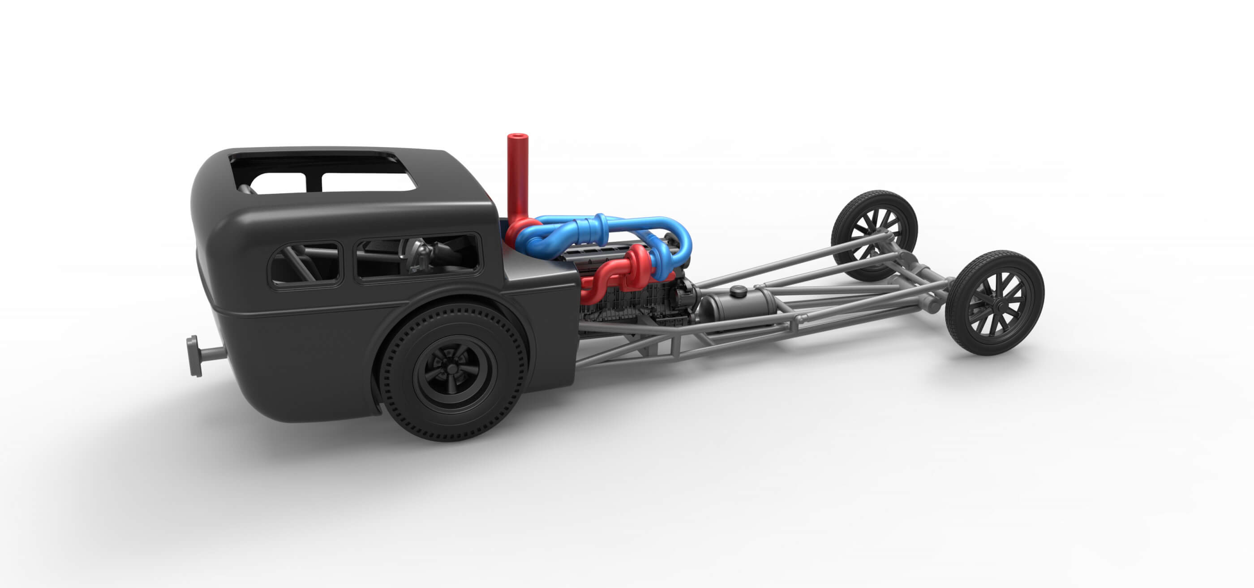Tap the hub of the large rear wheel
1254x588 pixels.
point(452,373)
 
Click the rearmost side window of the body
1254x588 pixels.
point(306,265)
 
